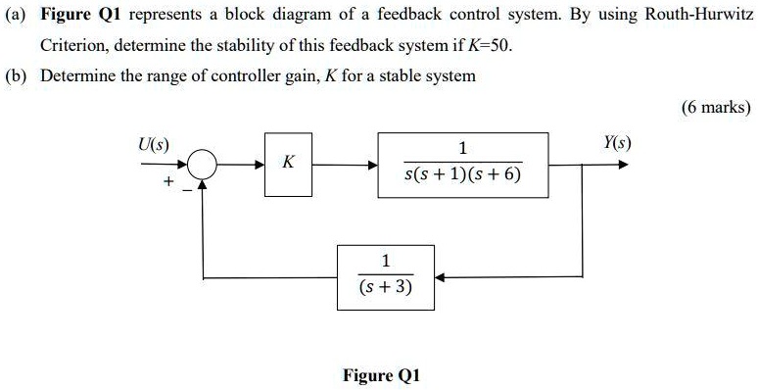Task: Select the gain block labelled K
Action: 287,165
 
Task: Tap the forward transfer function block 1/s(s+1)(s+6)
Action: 463,165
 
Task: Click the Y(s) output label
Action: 616,143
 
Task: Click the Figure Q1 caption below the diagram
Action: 382,375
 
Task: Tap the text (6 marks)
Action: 719,107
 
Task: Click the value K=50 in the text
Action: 488,46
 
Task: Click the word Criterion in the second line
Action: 74,46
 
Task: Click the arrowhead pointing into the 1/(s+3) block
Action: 440,277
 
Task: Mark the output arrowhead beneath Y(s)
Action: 624,166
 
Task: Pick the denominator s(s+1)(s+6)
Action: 463,175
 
